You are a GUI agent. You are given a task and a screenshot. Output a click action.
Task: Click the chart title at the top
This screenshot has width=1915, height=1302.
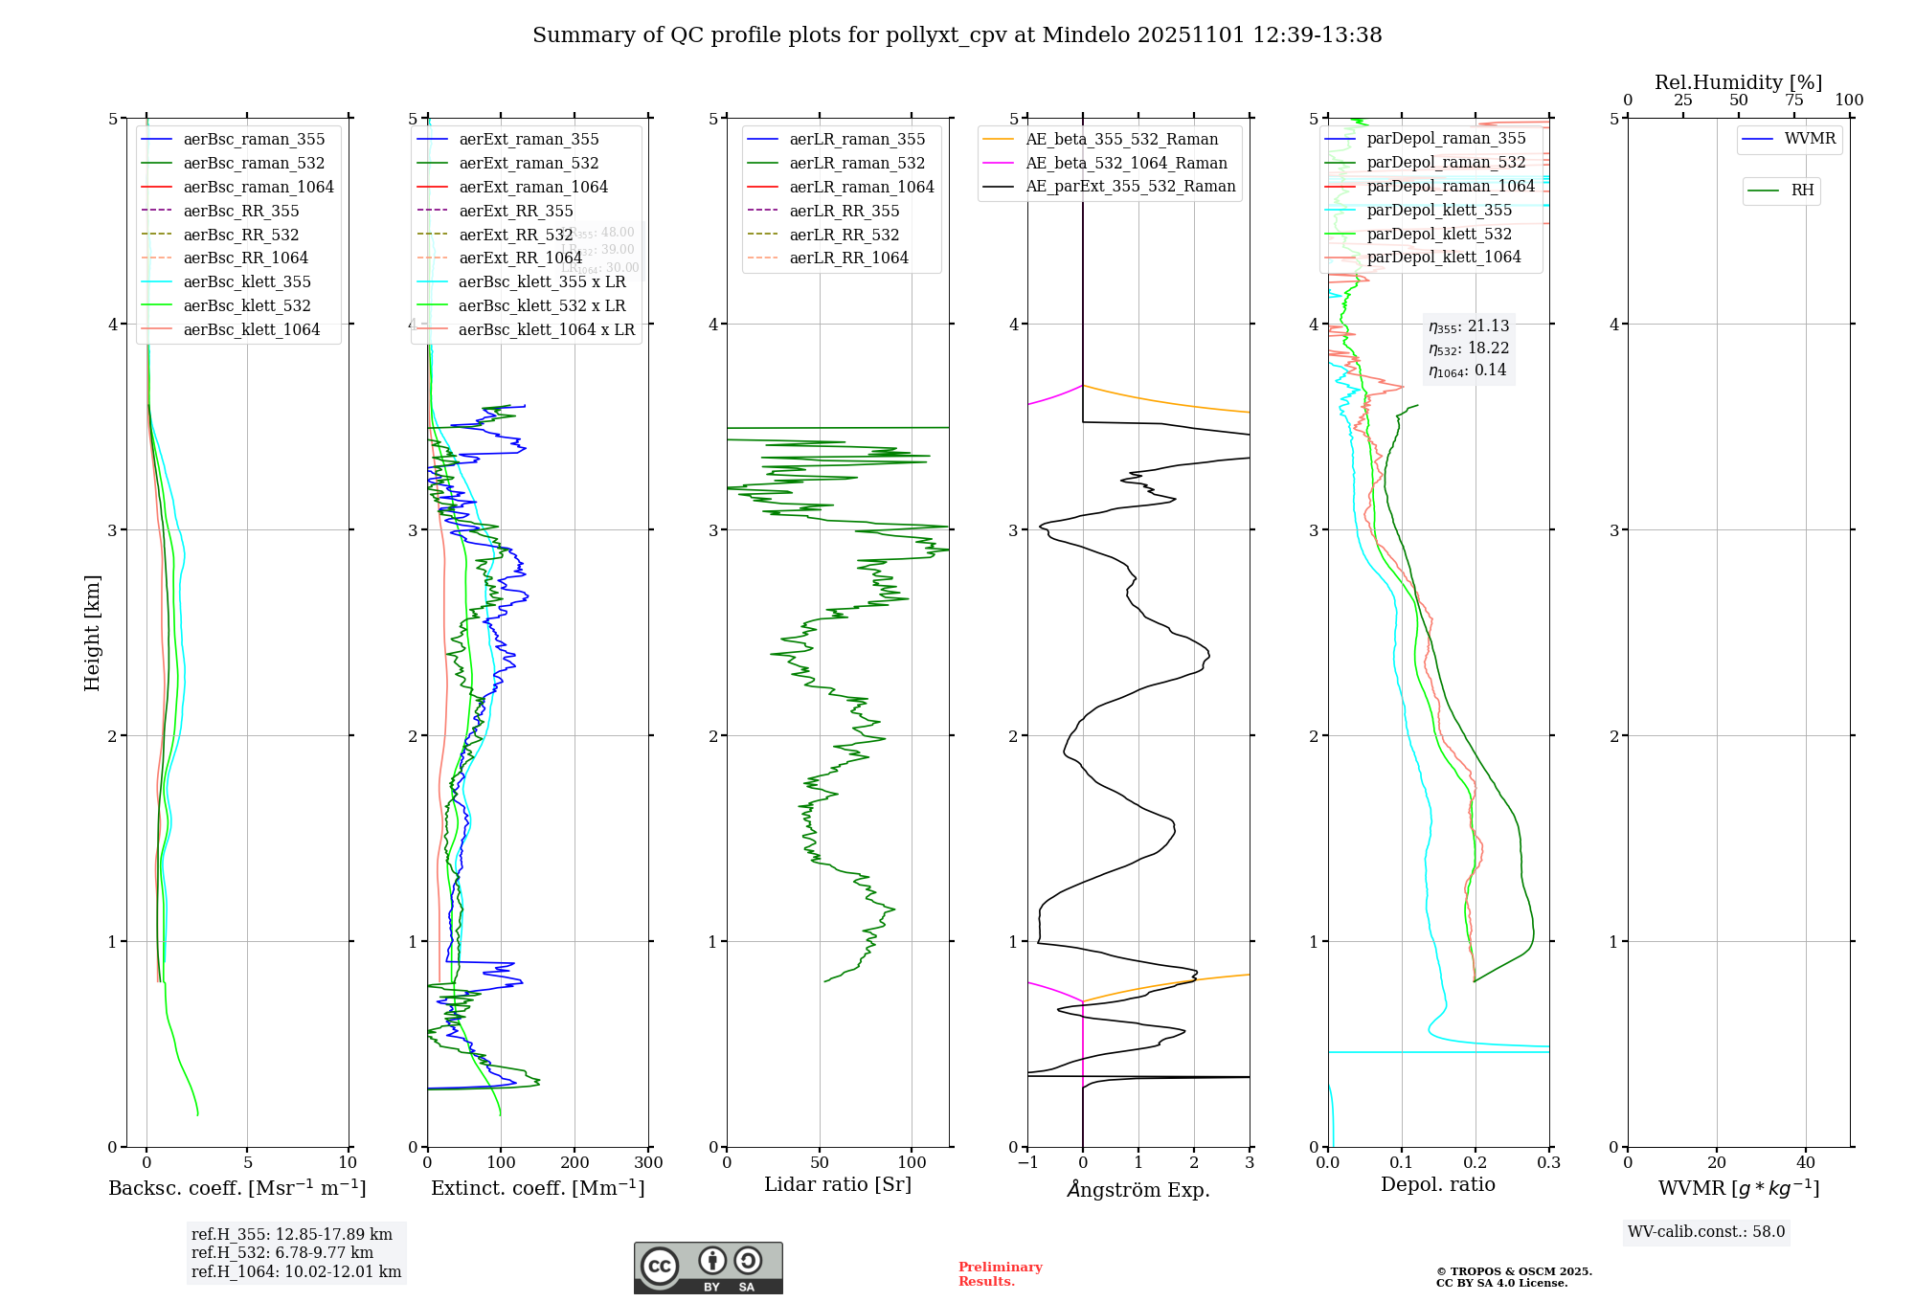tap(957, 35)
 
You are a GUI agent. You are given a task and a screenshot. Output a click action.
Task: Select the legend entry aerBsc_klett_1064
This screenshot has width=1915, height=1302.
tap(251, 329)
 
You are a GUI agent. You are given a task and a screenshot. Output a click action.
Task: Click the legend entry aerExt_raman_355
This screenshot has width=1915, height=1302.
tap(529, 140)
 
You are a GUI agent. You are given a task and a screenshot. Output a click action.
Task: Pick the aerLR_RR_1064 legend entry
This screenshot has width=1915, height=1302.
tap(848, 258)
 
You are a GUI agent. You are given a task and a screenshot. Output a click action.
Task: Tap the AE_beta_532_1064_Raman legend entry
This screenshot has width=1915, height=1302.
tap(1126, 163)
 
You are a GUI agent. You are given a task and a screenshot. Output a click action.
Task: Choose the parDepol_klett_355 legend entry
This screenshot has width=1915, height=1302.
tap(1439, 210)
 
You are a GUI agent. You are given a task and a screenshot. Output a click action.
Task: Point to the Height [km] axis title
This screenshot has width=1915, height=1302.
tap(92, 632)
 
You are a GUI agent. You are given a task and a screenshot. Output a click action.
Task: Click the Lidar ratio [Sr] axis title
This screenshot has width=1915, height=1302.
tap(837, 1184)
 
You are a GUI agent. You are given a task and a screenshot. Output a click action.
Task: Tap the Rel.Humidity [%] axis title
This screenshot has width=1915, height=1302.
tap(1738, 82)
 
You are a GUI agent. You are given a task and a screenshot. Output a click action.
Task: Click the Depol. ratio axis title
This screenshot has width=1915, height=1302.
tap(1437, 1184)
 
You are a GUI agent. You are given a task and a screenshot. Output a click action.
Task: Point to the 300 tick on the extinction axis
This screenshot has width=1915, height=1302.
tap(648, 1163)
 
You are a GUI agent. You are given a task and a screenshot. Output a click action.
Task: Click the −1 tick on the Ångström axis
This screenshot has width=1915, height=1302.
tap(1027, 1163)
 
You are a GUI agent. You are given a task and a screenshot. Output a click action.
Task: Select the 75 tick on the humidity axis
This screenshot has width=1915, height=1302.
tap(1793, 101)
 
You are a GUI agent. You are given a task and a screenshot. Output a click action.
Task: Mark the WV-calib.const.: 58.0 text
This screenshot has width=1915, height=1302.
tap(1706, 1231)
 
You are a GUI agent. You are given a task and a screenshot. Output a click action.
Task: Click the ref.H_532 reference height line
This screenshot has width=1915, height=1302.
tap(282, 1252)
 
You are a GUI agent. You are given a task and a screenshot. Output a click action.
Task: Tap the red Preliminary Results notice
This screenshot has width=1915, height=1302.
tap(1000, 1274)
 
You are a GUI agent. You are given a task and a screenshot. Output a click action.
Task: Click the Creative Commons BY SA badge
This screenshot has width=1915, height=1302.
tap(708, 1268)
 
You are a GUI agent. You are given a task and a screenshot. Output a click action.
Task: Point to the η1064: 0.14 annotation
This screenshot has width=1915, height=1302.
tap(1467, 370)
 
